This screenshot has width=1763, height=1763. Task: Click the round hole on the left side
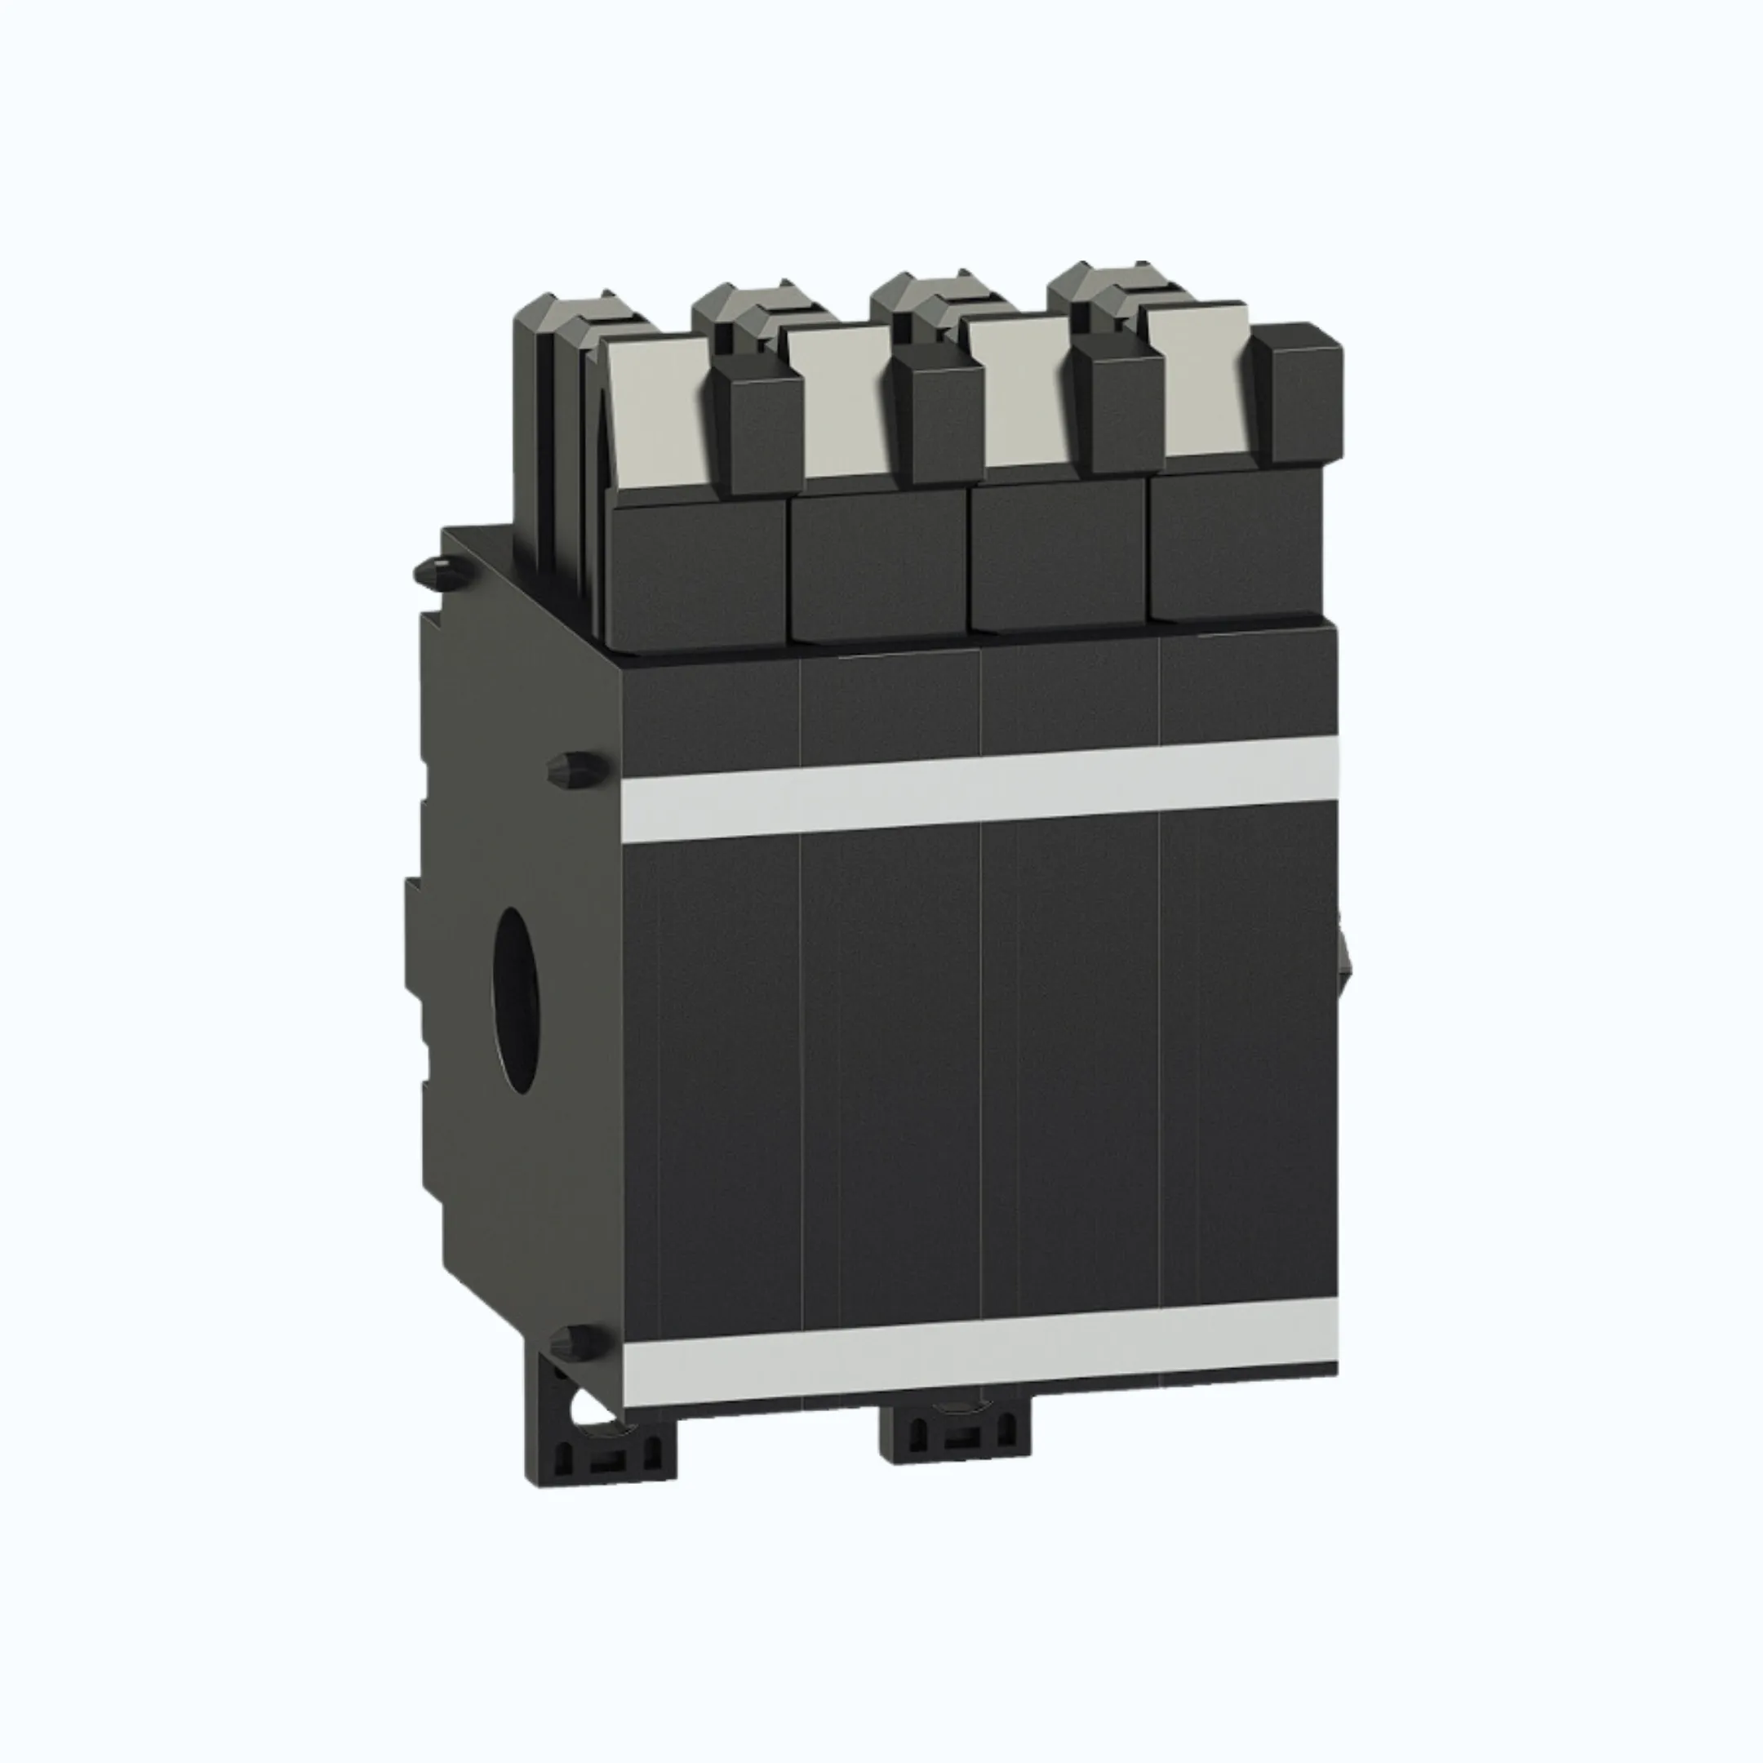coord(516,999)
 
